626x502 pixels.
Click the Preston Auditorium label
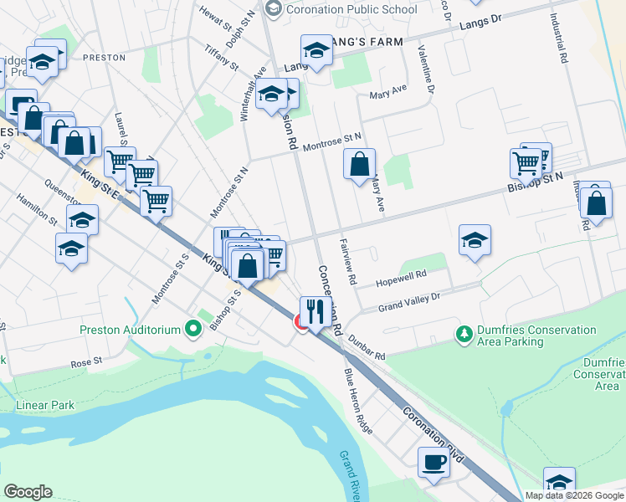pos(130,330)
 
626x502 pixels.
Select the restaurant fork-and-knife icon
pos(316,312)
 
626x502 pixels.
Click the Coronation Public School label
pos(351,10)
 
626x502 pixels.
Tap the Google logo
pos(28,492)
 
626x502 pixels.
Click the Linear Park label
pos(45,406)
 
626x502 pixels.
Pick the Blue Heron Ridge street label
pos(357,402)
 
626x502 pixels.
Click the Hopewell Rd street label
pos(401,274)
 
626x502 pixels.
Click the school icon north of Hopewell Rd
pos(475,240)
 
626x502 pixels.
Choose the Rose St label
pos(85,362)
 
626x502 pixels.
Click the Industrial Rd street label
pos(559,38)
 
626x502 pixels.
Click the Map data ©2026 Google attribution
pos(574,495)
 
